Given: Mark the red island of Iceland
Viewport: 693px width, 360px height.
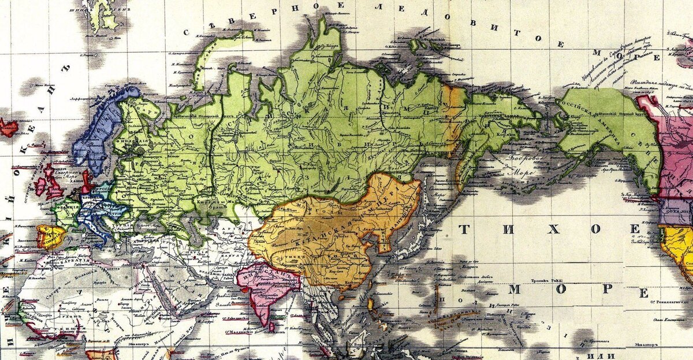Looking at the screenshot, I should [x=8, y=127].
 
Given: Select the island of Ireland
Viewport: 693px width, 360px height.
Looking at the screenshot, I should [x=41, y=185].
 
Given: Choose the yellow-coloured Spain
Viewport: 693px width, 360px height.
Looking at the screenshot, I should [x=50, y=236].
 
